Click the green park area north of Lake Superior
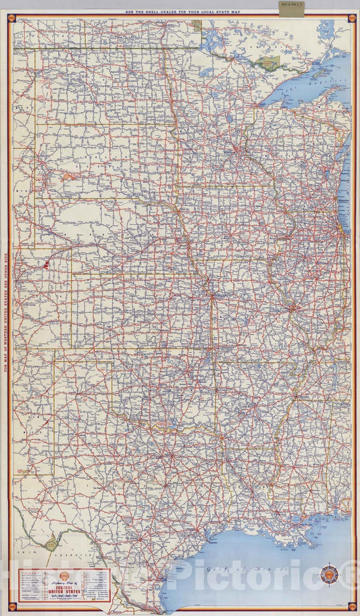[267, 63]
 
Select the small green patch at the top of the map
[197, 26]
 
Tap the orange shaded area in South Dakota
[70, 176]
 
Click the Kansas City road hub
[212, 296]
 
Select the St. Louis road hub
[293, 307]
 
